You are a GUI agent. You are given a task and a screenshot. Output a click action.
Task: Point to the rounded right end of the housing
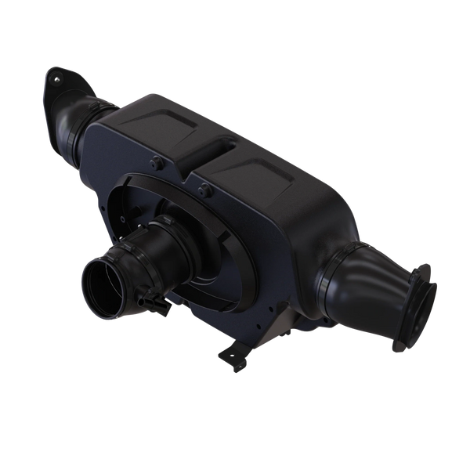coord(329,235)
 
